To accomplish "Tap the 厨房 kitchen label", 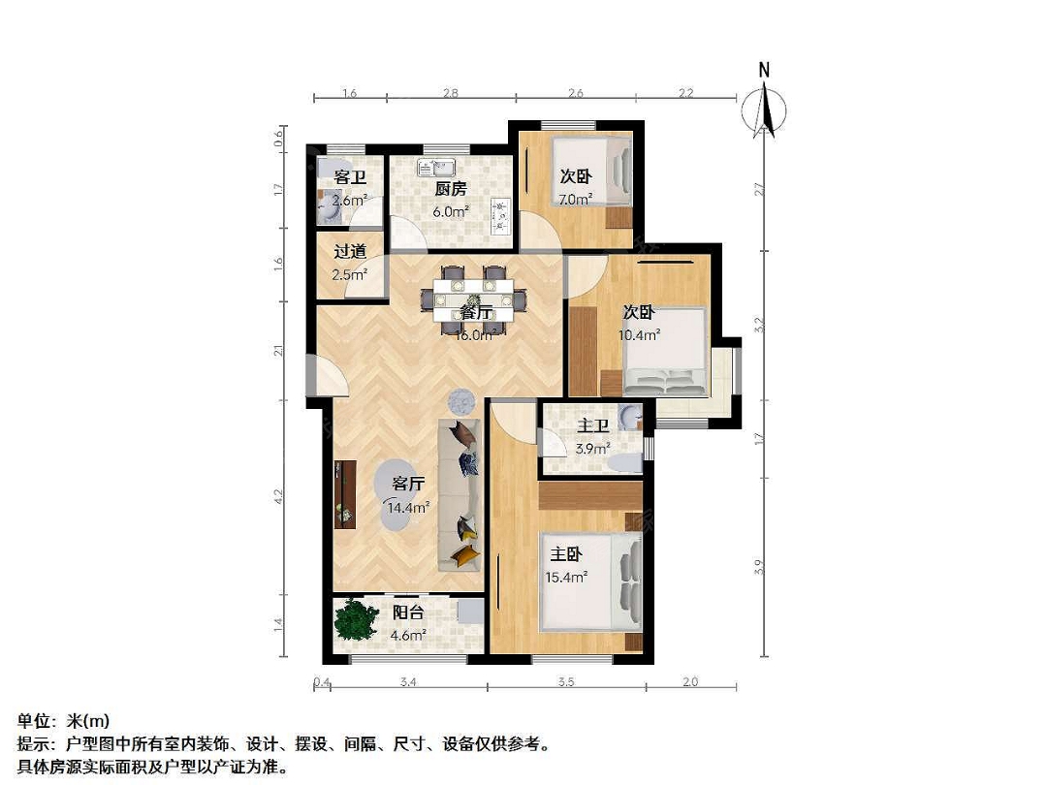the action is pyautogui.click(x=451, y=189).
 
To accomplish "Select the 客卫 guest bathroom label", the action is pyautogui.click(x=350, y=177).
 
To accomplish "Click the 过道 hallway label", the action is pyautogui.click(x=350, y=252).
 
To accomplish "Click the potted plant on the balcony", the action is pyautogui.click(x=354, y=619).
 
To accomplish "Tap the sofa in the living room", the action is pyautogui.click(x=460, y=494).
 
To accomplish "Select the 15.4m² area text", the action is pyautogui.click(x=566, y=578).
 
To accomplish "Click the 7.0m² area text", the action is pyautogui.click(x=576, y=199).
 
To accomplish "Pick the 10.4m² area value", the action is pyautogui.click(x=640, y=335).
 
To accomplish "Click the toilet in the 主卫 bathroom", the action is pyautogui.click(x=625, y=462).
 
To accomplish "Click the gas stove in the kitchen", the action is pyautogui.click(x=501, y=216).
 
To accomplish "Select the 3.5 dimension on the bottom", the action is pyautogui.click(x=566, y=682).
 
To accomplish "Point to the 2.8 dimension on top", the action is pyautogui.click(x=451, y=93).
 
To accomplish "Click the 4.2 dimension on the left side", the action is pyautogui.click(x=278, y=496).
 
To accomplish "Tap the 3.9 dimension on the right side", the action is pyautogui.click(x=758, y=567).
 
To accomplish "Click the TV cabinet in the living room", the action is pyautogui.click(x=345, y=494).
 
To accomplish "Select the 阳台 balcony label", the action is pyautogui.click(x=407, y=612).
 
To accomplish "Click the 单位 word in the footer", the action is pyautogui.click(x=34, y=721).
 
